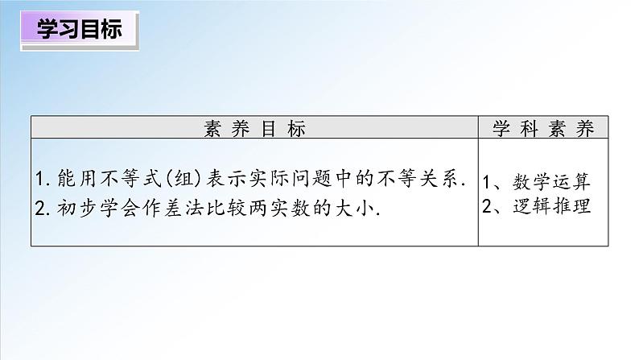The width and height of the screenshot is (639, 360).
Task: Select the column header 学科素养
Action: click(543, 128)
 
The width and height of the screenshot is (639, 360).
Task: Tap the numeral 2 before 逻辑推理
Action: click(489, 205)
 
